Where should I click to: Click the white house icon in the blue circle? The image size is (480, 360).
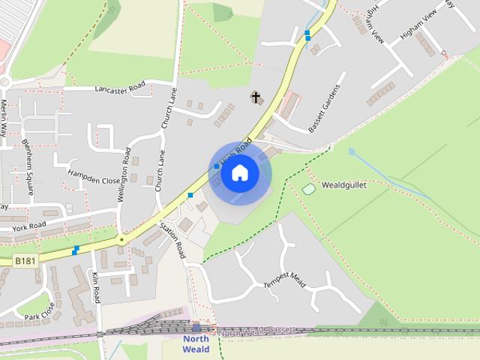240,173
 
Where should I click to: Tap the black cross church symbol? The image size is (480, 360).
256,97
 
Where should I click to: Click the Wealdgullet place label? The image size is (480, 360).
343,184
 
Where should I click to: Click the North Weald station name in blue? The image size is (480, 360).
196,343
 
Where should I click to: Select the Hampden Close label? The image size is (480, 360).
93,176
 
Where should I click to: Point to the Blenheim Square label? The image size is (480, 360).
28,166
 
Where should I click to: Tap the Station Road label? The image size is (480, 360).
172,239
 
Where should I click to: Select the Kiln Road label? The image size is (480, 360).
96,287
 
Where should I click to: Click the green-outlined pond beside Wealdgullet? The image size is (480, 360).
308,189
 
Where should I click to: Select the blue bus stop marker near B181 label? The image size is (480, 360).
75,250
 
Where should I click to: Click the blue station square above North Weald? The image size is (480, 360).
196,327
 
